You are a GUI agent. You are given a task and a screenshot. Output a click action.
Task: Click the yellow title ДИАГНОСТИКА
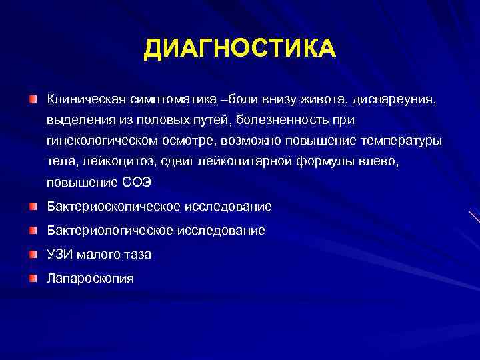pyautogui.click(x=240, y=49)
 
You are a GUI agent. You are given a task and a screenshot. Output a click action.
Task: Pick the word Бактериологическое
pyautogui.click(x=103, y=230)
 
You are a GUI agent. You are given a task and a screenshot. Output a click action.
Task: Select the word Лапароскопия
pyautogui.click(x=90, y=278)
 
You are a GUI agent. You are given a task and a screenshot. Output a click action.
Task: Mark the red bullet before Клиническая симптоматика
pyautogui.click(x=33, y=99)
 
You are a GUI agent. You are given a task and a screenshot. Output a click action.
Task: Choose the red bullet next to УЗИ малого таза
pyautogui.click(x=33, y=253)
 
